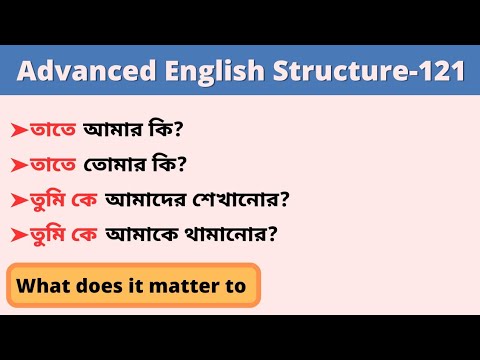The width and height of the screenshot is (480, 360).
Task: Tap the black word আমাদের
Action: (x=140, y=199)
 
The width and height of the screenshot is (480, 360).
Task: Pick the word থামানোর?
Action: (x=232, y=235)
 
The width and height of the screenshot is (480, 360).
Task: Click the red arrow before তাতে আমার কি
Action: (x=18, y=130)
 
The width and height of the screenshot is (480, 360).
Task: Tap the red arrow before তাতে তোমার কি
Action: (x=18, y=165)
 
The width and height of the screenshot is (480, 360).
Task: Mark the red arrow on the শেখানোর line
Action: (x=18, y=200)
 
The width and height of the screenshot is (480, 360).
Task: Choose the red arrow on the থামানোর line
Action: (x=18, y=236)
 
